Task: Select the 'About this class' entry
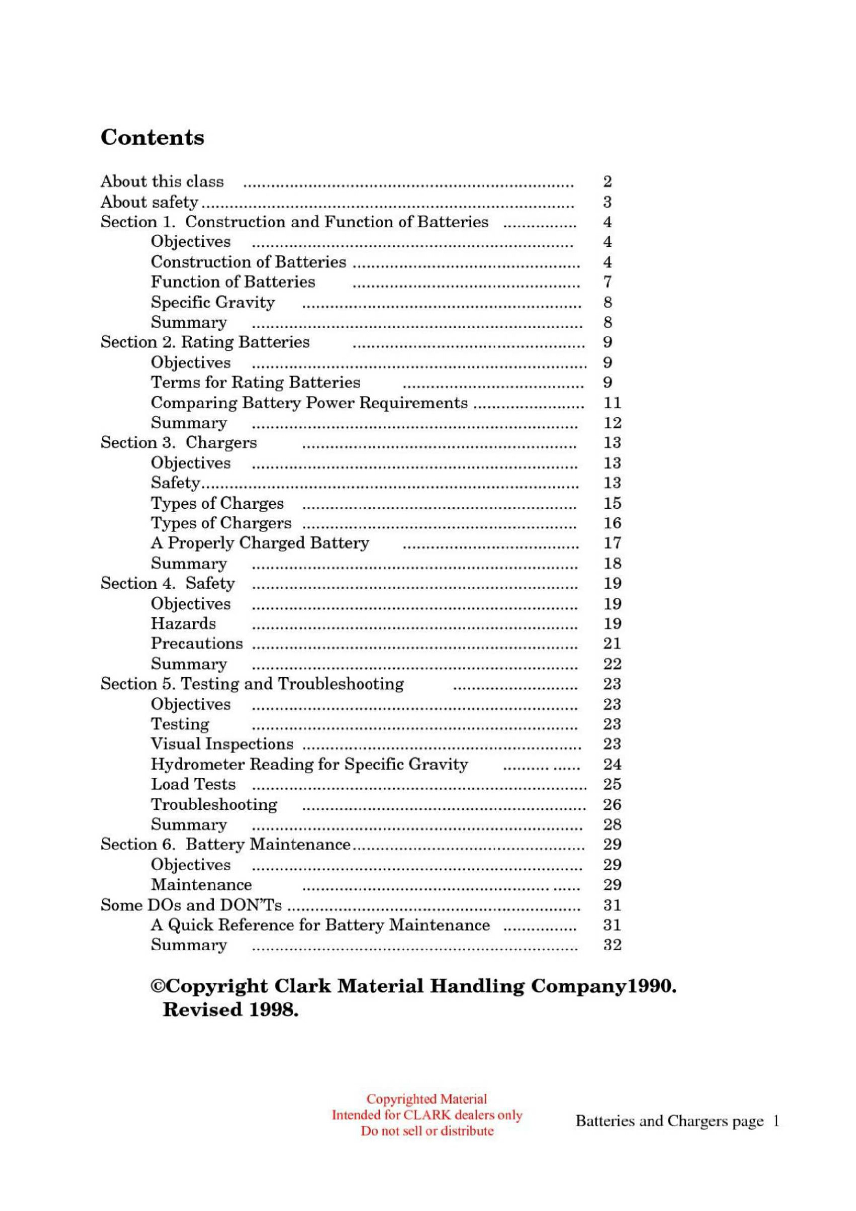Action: click(x=162, y=182)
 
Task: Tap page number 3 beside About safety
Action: click(x=607, y=202)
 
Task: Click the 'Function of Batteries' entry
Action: click(x=233, y=282)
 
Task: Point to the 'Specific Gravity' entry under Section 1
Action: click(x=213, y=302)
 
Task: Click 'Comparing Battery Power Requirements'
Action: click(x=309, y=403)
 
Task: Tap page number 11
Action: click(x=612, y=403)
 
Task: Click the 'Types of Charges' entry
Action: click(x=217, y=503)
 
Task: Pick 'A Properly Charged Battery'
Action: click(x=260, y=543)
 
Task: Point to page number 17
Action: click(x=612, y=543)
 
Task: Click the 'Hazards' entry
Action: click(x=184, y=623)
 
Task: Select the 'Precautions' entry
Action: click(x=197, y=643)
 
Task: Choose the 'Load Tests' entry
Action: click(x=193, y=784)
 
